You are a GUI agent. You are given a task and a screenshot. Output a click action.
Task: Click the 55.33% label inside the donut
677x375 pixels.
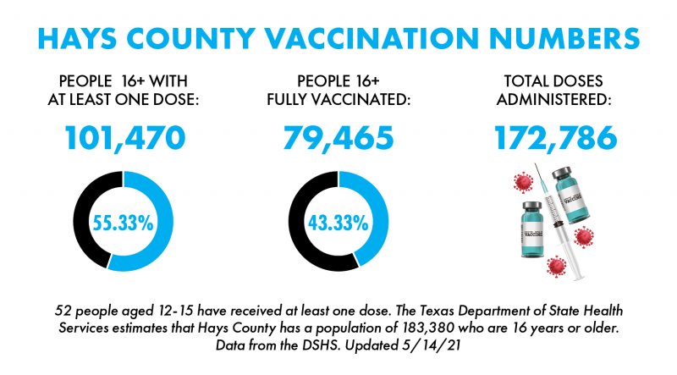tap(124, 223)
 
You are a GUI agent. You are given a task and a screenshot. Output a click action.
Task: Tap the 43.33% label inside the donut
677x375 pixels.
tap(338, 223)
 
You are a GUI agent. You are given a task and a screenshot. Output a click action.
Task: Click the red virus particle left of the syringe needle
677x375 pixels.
tap(522, 182)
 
